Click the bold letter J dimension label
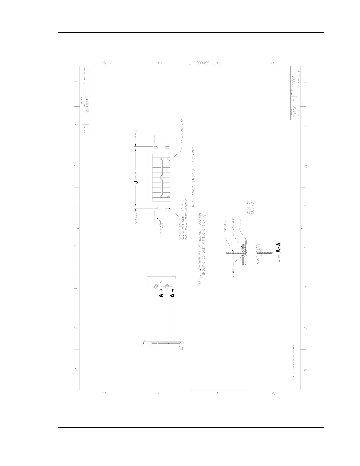[x=136, y=182]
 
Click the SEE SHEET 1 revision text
[x=87, y=106]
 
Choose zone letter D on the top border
[x=104, y=63]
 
